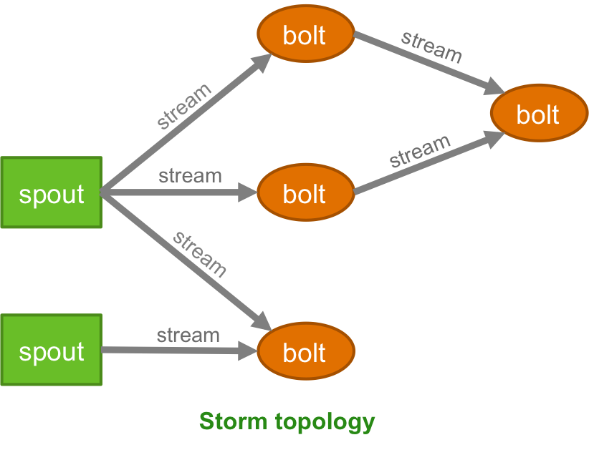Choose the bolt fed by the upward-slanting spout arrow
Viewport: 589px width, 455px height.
(305, 34)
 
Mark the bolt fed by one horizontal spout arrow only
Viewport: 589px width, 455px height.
(305, 193)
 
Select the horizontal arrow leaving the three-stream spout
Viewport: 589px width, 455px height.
(179, 192)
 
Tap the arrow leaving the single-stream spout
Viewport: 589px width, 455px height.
(179, 351)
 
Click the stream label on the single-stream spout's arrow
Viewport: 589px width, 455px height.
(188, 335)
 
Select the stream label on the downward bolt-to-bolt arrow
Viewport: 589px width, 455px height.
(431, 47)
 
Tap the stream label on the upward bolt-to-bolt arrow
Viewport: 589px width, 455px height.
(420, 150)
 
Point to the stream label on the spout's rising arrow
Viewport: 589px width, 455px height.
(184, 106)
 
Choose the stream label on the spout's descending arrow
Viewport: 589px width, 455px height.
(200, 253)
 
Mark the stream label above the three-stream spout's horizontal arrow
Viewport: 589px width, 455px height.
(190, 175)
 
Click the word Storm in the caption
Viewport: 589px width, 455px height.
(234, 421)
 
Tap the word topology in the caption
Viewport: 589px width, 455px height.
(325, 421)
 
